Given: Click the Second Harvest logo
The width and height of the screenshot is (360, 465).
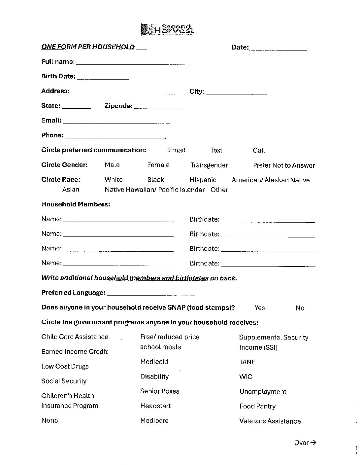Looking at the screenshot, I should pyautogui.click(x=167, y=29).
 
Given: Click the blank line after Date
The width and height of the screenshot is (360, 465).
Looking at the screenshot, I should pyautogui.click(x=278, y=48).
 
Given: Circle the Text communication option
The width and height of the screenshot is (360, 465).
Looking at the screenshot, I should pyautogui.click(x=216, y=150).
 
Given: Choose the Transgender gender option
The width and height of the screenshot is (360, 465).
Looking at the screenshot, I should pyautogui.click(x=209, y=165).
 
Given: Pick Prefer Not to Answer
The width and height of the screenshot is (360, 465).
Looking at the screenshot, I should pyautogui.click(x=284, y=165).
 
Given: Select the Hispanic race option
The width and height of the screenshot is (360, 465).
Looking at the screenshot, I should pyautogui.click(x=203, y=180).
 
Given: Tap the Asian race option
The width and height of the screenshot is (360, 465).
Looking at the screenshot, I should pyautogui.click(x=71, y=190).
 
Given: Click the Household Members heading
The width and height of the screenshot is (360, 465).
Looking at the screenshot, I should pyautogui.click(x=76, y=204).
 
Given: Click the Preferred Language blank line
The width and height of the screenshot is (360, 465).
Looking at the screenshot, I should pyautogui.click(x=151, y=294).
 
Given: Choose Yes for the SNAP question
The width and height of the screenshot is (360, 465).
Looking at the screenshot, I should pyautogui.click(x=260, y=308).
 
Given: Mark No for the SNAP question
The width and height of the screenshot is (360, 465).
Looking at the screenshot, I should pyautogui.click(x=300, y=308).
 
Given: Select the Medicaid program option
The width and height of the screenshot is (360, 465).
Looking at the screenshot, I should pyautogui.click(x=154, y=362).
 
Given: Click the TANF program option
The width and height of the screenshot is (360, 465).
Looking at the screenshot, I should pyautogui.click(x=247, y=362).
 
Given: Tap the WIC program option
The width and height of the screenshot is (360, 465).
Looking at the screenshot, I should pyautogui.click(x=246, y=377).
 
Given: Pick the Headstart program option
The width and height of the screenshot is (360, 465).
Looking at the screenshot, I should pyautogui.click(x=155, y=406).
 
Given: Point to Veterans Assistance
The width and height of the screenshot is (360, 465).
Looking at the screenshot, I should pyautogui.click(x=270, y=421).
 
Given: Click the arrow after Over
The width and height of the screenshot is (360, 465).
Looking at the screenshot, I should pyautogui.click(x=313, y=443).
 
